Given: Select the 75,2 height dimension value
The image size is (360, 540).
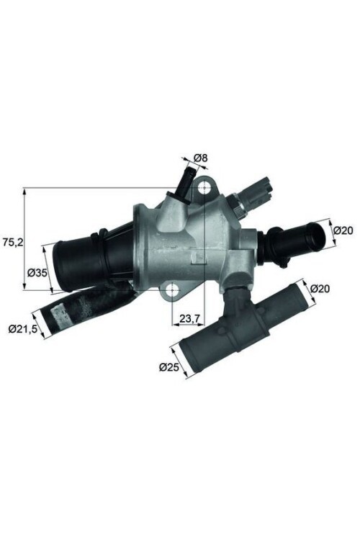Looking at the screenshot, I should [12, 243].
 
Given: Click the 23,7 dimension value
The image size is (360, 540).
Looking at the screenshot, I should [190, 317].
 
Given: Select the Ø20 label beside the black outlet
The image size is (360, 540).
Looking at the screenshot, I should [343, 230].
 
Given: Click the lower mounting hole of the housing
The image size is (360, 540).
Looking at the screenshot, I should [172, 291].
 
